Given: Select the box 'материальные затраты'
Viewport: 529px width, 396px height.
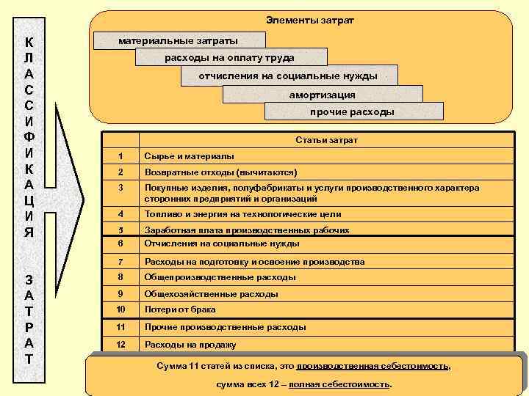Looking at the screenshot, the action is [179, 41].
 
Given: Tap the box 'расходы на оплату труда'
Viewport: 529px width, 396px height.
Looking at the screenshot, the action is [230, 57].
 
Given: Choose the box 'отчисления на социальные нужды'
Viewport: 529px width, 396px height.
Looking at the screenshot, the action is [289, 76].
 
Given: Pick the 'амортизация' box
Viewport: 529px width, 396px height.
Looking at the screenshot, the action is [322, 94].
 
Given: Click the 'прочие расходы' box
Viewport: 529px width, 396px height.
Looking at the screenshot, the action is [353, 111].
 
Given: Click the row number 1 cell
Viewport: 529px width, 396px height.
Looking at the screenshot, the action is [121, 156].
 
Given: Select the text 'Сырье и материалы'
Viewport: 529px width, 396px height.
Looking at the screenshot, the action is [190, 156].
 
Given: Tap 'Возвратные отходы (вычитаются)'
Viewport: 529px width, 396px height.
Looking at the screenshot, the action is [220, 172].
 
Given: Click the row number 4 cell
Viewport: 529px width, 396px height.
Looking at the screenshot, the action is [121, 215].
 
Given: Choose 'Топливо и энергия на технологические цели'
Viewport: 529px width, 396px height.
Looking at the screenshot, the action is [232, 215].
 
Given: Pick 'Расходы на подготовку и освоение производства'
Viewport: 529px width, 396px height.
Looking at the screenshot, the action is [254, 262].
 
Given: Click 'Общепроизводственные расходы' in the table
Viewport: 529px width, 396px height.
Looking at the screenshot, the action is [220, 278].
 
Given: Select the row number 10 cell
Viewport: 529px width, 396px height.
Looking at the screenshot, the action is [121, 309].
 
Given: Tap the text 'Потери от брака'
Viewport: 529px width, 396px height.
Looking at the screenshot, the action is [180, 309].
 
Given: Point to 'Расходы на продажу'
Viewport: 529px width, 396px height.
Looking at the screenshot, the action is [190, 345].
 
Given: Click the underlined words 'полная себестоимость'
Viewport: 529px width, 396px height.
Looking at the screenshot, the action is [339, 384].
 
